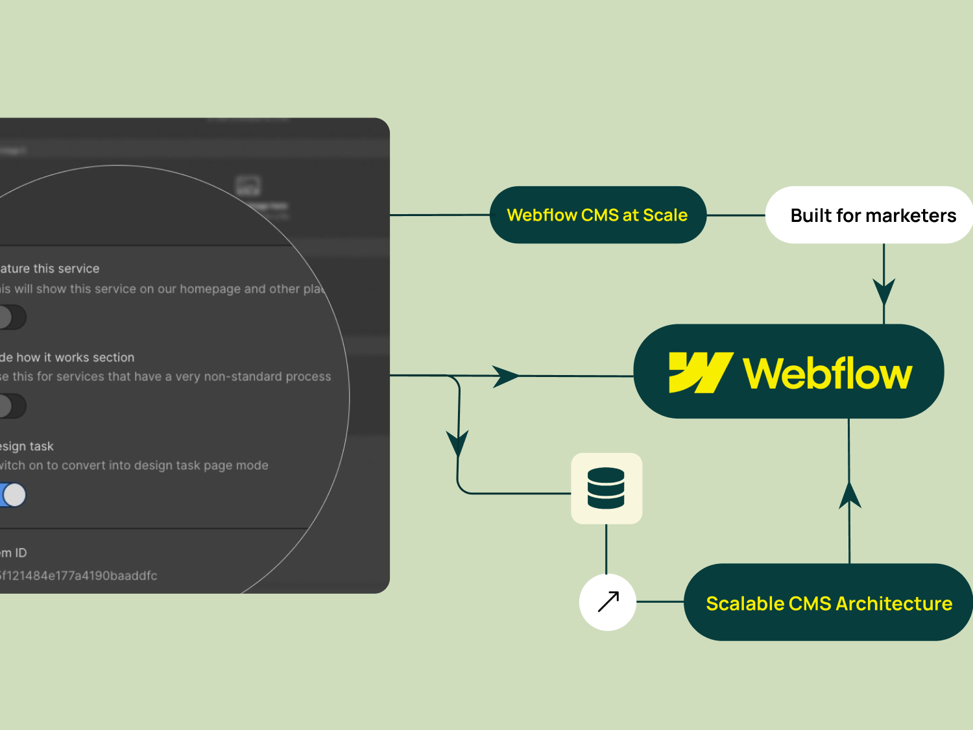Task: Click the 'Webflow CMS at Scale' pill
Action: [597, 215]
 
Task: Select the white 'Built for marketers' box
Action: [869, 215]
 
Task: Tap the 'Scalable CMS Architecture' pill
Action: [828, 603]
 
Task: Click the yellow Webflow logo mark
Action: [699, 372]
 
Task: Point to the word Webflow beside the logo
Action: [828, 373]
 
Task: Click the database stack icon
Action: [606, 488]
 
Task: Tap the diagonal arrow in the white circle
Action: [608, 602]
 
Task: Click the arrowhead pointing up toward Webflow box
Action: [850, 494]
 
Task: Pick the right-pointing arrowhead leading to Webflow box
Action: [505, 376]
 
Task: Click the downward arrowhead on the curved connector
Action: [457, 443]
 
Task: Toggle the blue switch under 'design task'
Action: [13, 495]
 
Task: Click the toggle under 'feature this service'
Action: [12, 317]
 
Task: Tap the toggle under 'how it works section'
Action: [12, 406]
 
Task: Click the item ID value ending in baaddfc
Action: [78, 576]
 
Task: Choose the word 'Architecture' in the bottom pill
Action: [894, 603]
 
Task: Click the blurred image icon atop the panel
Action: [248, 186]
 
